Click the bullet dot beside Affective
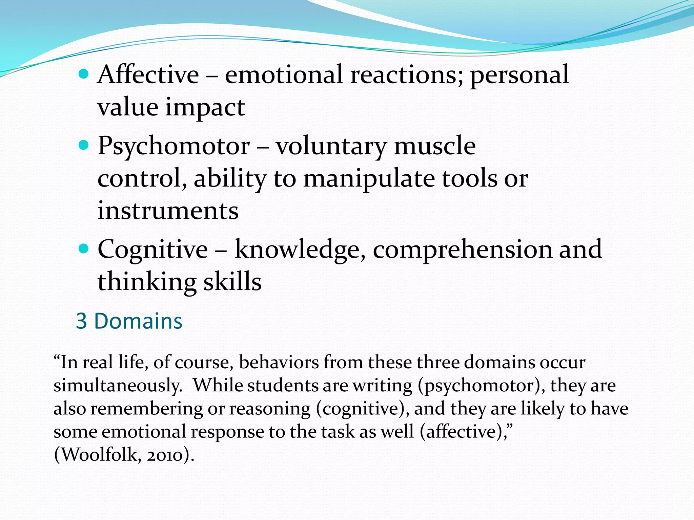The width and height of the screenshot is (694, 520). click(x=83, y=73)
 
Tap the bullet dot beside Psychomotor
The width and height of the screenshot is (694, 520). click(x=83, y=146)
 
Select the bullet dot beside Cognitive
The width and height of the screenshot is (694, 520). click(x=83, y=249)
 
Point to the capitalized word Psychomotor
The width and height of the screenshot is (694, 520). click(x=173, y=146)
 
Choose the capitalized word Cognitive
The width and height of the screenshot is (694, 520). click(x=152, y=250)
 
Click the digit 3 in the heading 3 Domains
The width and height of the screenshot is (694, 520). click(x=81, y=321)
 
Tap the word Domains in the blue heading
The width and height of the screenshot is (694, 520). click(x=138, y=321)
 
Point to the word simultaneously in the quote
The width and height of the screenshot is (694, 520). click(x=118, y=386)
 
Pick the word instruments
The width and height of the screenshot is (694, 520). click(x=168, y=211)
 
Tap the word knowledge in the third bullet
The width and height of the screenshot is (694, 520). click(x=300, y=250)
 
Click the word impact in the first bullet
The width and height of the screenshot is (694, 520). click(x=205, y=107)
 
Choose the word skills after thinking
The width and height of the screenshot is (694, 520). click(x=232, y=282)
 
